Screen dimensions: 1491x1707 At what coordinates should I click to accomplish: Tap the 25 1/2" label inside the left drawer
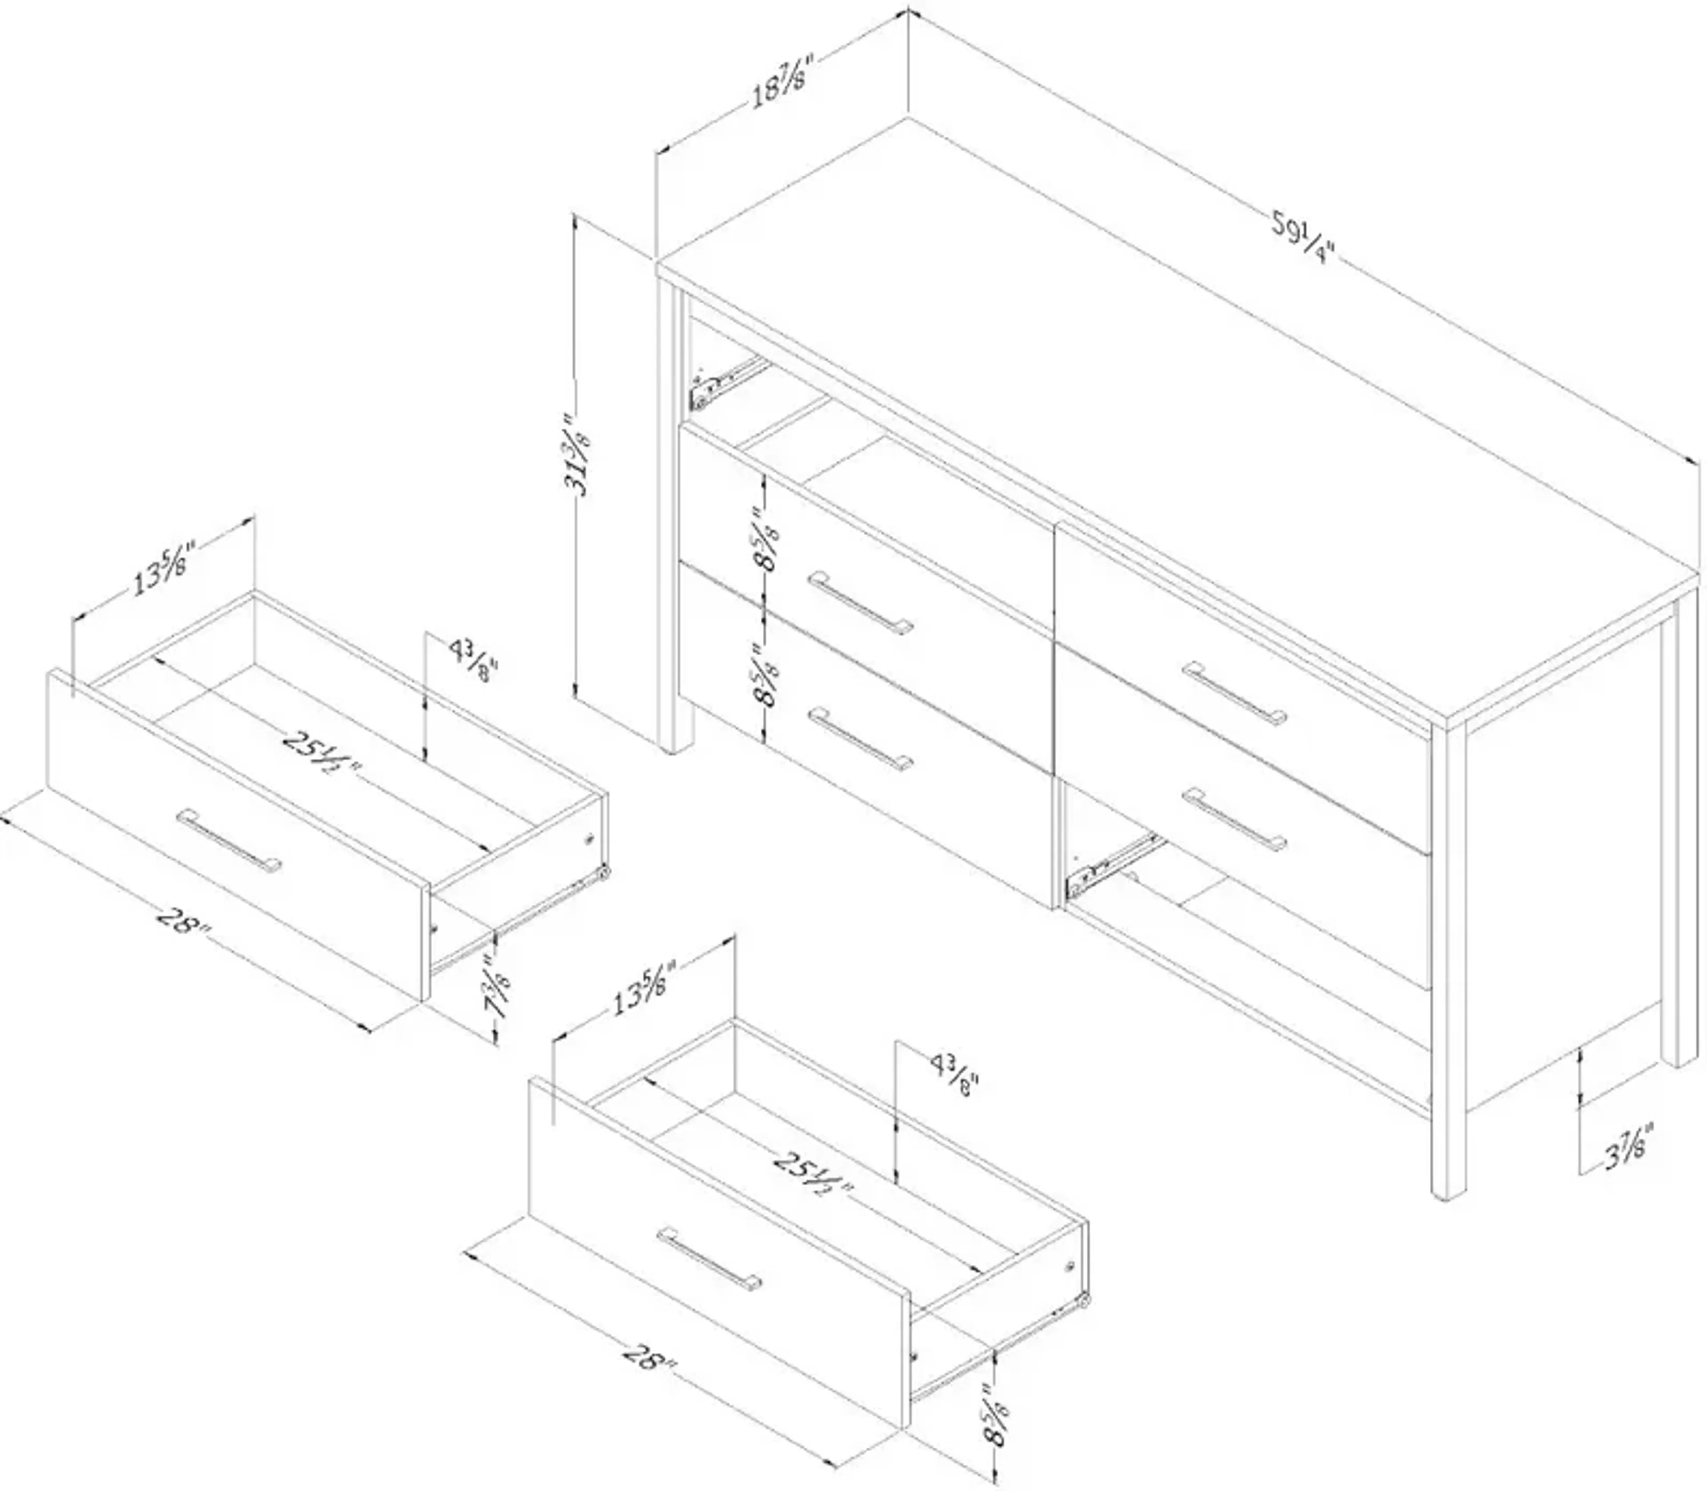(x=320, y=752)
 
